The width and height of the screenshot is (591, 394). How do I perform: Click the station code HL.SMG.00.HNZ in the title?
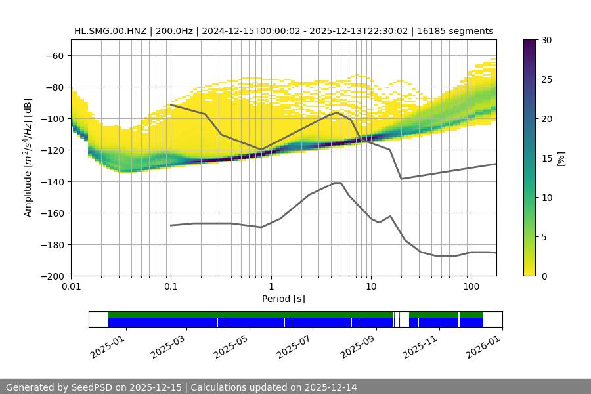click(111, 31)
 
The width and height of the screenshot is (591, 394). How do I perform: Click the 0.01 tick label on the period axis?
click(71, 287)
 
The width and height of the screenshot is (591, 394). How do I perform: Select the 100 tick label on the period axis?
click(470, 287)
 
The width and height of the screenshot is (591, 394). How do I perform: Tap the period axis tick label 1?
click(271, 287)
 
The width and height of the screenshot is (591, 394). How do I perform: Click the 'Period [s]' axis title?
click(284, 299)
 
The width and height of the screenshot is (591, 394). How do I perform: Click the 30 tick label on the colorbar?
click(546, 40)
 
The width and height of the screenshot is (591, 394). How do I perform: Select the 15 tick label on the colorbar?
click(546, 158)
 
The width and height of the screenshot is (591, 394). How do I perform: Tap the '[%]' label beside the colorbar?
click(561, 158)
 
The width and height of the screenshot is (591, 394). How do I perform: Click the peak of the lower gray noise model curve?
click(338, 183)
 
